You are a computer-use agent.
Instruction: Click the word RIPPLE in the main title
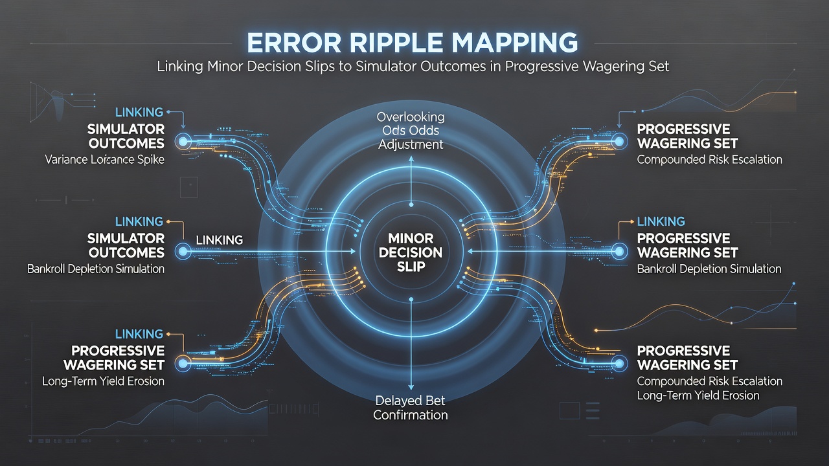(396, 43)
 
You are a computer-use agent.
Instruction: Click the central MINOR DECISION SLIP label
(411, 252)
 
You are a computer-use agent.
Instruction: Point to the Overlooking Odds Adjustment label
(411, 131)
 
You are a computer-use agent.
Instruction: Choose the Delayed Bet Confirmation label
(411, 408)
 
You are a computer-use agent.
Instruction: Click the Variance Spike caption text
(105, 159)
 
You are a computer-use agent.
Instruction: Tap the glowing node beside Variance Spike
(183, 141)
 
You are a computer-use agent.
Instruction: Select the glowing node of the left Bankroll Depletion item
(183, 252)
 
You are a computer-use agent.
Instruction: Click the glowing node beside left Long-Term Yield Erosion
(183, 363)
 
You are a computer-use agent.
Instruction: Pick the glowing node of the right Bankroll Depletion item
(619, 252)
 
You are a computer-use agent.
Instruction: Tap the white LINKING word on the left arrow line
(220, 240)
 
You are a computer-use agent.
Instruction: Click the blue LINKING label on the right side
(661, 221)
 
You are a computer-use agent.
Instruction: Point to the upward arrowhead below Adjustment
(411, 159)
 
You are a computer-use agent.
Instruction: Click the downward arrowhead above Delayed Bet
(411, 386)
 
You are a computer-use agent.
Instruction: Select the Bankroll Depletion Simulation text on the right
(709, 269)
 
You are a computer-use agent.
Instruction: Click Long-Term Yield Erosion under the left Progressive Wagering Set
(103, 381)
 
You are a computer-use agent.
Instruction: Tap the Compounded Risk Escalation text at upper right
(709, 160)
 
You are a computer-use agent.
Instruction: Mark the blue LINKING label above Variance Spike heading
(139, 112)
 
